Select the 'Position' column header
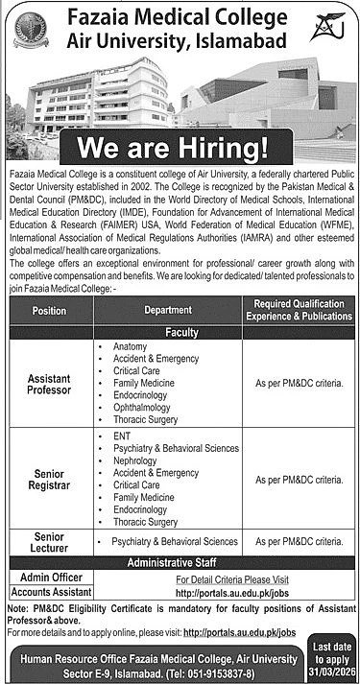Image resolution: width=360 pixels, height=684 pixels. tap(49, 311)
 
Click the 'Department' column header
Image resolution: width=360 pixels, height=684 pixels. tap(168, 311)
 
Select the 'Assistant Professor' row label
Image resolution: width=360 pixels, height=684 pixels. tap(49, 384)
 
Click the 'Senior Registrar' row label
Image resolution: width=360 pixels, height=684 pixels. tap(49, 480)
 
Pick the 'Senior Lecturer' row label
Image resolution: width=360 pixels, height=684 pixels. tap(49, 541)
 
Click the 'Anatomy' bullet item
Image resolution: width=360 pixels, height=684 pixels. tap(130, 345)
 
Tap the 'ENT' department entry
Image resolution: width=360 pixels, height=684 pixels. tap(121, 436)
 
